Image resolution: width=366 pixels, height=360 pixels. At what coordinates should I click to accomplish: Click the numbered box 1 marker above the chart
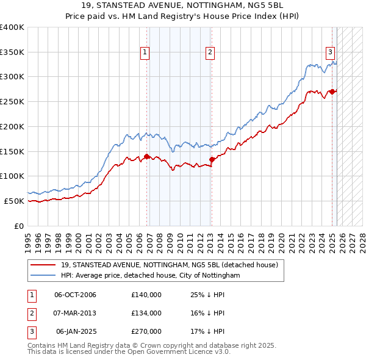145,52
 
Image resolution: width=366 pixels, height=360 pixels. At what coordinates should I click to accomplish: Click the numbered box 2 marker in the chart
209,52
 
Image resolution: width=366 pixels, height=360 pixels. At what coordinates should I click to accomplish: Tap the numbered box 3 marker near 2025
330,52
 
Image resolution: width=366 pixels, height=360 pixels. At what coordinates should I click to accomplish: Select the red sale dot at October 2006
147,156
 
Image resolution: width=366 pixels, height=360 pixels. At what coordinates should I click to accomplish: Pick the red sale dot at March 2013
212,159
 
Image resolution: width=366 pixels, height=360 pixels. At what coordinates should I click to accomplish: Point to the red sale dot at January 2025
332,92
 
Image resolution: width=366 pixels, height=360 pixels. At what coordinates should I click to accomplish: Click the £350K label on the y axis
12,52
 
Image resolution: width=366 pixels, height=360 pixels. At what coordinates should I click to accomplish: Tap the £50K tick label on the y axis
15,201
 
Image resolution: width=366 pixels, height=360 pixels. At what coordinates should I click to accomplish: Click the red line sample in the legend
43,265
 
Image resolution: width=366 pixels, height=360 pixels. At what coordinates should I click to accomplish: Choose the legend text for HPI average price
151,276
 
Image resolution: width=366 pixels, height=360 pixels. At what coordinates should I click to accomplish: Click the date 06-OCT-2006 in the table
76,295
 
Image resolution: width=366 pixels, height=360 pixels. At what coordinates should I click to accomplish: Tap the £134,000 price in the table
146,313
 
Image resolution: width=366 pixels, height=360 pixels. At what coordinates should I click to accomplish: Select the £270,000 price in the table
146,331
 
